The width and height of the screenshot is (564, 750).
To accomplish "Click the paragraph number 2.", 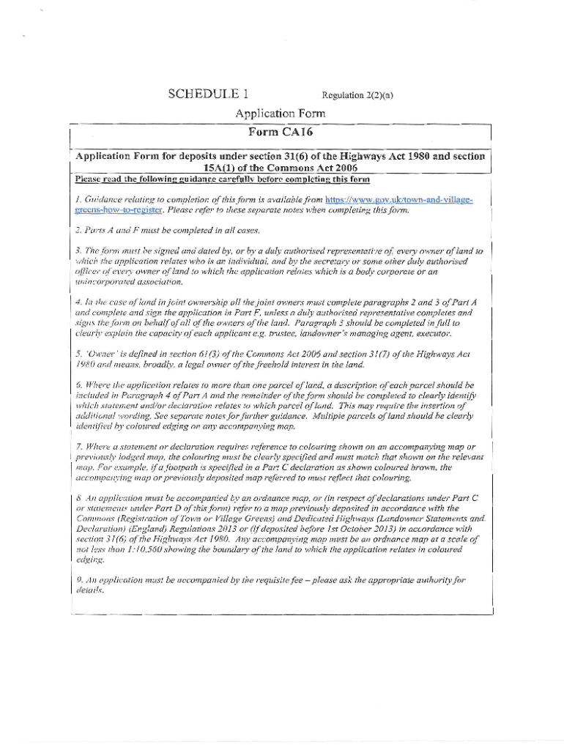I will [78, 231].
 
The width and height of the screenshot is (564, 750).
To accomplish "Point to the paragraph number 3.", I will [78, 251].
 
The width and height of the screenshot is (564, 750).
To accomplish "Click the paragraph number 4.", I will [78, 302].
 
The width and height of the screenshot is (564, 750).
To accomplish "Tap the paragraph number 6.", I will [78, 385].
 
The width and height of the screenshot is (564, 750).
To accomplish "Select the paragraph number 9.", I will [78, 579].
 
